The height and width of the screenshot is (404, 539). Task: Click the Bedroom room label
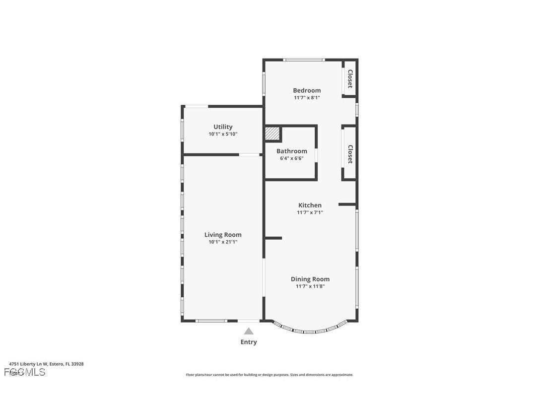tap(307, 90)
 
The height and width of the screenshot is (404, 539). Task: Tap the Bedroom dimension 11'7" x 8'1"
tap(307, 98)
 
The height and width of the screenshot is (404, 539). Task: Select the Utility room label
tap(223, 127)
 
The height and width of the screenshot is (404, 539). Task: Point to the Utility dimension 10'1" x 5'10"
tap(223, 134)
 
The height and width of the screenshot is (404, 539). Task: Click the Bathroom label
tap(292, 151)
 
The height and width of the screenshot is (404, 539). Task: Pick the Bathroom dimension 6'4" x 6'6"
tap(292, 158)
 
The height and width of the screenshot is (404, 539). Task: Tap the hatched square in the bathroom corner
tap(272, 134)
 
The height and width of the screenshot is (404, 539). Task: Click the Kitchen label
tap(310, 205)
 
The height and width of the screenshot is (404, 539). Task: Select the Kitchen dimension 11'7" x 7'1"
tap(310, 212)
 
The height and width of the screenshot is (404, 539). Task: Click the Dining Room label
tap(310, 279)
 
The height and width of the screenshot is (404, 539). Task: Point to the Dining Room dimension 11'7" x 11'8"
tap(310, 286)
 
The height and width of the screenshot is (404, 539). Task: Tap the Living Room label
tap(223, 235)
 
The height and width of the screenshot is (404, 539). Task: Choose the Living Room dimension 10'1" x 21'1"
tap(223, 242)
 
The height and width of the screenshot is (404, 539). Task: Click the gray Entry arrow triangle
tap(249, 332)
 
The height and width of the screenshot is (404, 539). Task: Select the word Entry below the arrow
tap(249, 342)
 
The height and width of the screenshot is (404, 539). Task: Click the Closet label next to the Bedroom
tap(350, 78)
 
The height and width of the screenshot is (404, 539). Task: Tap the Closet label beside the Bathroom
tap(350, 154)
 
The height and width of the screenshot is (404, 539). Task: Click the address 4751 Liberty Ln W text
tap(46, 364)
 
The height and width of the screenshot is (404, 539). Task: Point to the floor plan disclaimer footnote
tap(269, 375)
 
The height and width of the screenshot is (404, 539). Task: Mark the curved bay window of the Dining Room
tap(310, 331)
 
